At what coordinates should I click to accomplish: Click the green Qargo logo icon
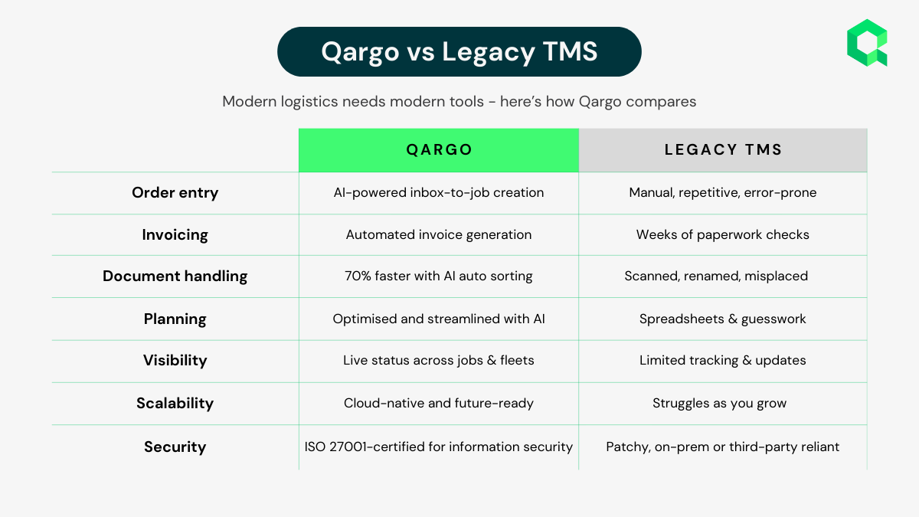click(867, 43)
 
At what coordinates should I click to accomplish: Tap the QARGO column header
click(439, 150)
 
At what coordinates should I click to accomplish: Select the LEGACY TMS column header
click(723, 150)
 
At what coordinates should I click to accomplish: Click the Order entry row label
click(175, 193)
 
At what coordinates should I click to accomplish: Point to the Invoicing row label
click(175, 235)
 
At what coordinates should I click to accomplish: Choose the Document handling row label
click(175, 276)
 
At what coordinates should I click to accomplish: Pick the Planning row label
click(175, 319)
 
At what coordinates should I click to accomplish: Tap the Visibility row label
click(175, 360)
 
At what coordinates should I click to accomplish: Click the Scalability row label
click(175, 404)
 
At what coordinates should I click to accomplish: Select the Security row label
click(175, 447)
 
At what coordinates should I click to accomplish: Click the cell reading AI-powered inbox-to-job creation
click(439, 193)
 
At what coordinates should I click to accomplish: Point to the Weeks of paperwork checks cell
click(723, 234)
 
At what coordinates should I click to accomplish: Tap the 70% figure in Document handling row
click(358, 276)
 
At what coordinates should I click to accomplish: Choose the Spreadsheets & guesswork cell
click(723, 319)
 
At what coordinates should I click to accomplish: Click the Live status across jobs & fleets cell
click(439, 360)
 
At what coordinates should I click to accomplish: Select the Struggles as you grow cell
click(720, 404)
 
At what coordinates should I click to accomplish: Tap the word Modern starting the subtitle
click(250, 102)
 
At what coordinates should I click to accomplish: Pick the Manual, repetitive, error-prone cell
click(723, 193)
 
